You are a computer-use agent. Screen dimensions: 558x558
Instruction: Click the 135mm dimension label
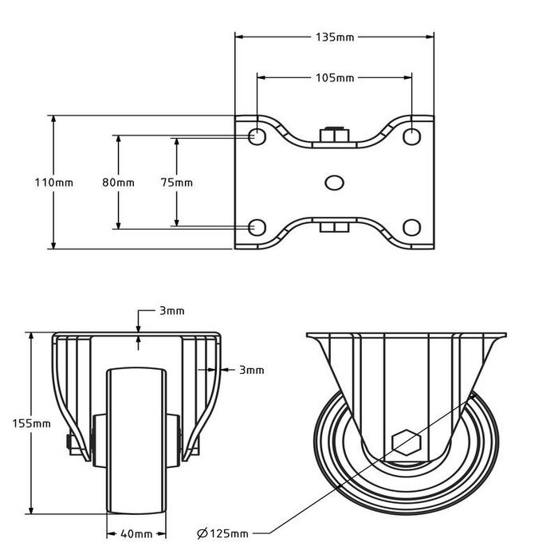click(335, 36)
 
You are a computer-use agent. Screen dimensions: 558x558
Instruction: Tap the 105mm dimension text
click(335, 78)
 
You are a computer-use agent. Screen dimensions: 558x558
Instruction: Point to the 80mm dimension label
click(118, 183)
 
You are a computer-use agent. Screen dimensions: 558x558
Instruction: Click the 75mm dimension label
click(177, 183)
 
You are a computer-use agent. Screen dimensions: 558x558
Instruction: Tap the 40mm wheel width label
click(136, 533)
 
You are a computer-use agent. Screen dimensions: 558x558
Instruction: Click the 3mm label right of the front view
click(250, 370)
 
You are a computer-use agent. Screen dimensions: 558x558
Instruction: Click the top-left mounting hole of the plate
click(257, 136)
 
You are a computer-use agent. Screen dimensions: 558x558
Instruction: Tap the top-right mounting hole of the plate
click(411, 136)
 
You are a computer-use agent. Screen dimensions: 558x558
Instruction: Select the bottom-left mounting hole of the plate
click(257, 228)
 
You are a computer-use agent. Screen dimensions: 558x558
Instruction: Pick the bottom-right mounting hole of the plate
click(411, 228)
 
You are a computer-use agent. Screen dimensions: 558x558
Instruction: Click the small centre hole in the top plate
click(334, 182)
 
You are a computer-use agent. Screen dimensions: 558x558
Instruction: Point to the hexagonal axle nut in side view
click(405, 441)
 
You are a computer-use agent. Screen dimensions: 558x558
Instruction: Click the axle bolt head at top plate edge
click(334, 135)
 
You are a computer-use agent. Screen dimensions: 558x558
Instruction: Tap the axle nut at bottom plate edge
click(334, 230)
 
